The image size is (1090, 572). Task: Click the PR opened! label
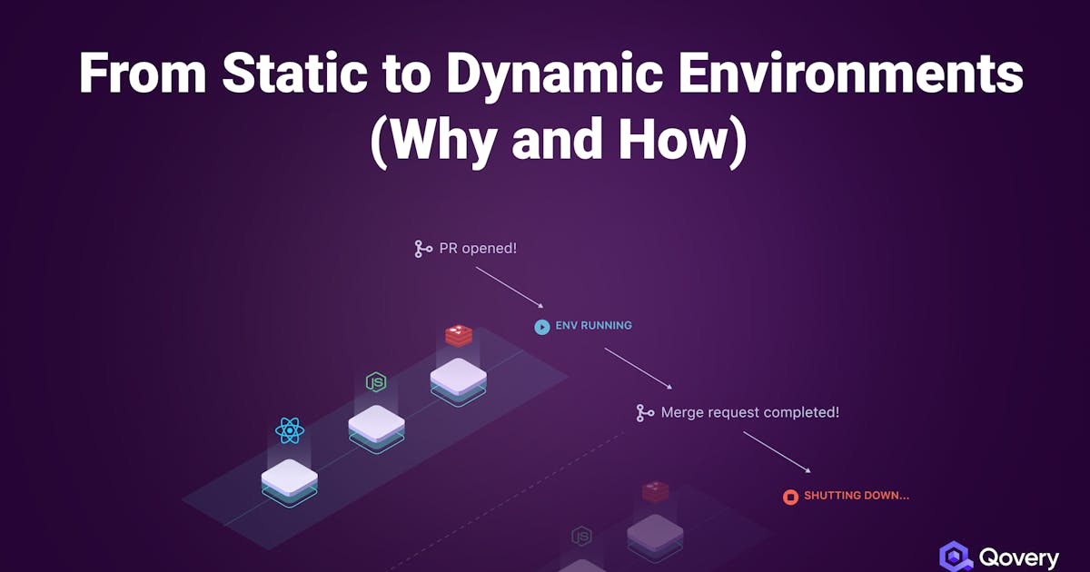478,248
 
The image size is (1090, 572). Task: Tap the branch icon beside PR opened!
422,248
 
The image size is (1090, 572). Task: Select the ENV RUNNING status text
594,325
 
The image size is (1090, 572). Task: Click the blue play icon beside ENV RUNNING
542,326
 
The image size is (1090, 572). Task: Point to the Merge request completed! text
750,412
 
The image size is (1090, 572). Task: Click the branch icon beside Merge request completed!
645,413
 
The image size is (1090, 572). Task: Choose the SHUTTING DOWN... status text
857,496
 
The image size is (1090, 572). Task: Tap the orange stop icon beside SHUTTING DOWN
790,497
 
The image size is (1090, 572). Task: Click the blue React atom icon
290,430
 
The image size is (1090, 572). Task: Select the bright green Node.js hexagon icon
376,382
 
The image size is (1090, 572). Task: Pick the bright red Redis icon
459,336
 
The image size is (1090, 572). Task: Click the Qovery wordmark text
1019,557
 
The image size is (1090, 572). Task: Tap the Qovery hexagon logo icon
956,557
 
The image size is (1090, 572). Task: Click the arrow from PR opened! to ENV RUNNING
509,287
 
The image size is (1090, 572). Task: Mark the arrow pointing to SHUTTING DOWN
777,451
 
